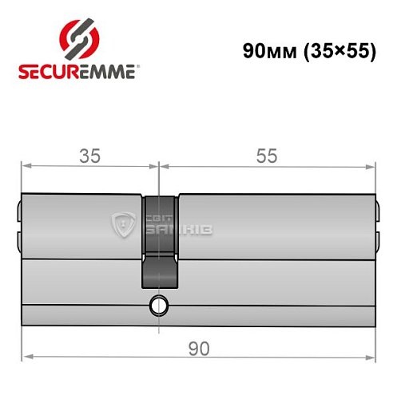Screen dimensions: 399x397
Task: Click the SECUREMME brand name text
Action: point(76,72)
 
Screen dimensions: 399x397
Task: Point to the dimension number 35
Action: point(90,156)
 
